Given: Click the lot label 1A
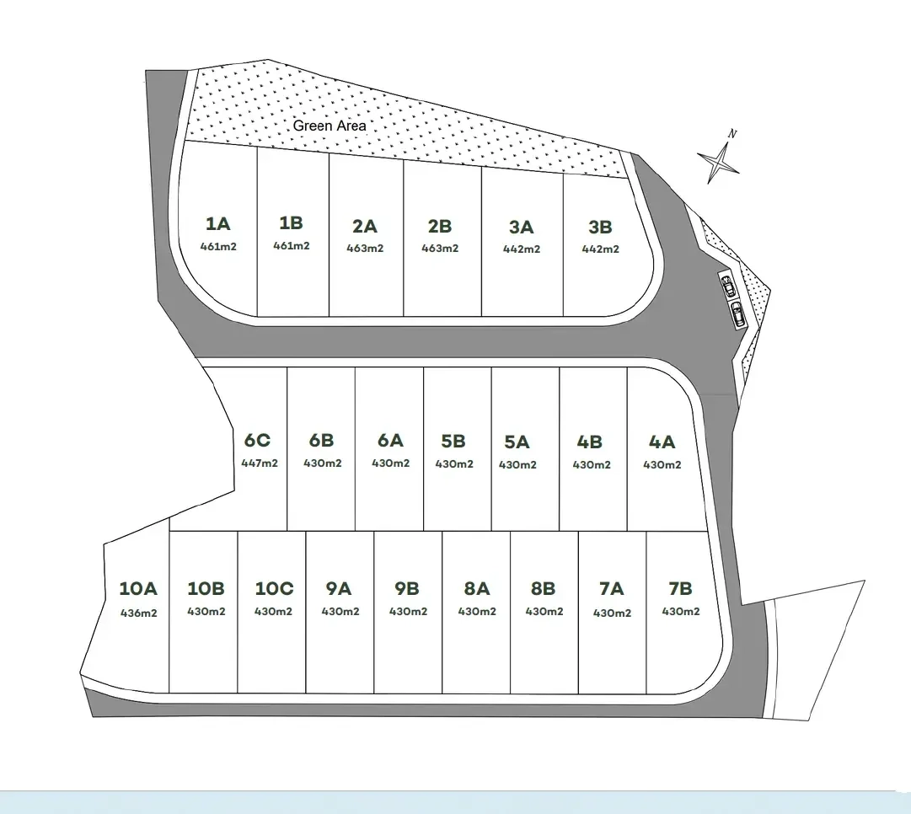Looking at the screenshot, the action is [x=218, y=223].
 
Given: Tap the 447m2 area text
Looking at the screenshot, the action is [x=260, y=463].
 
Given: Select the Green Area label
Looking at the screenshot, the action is [x=330, y=126].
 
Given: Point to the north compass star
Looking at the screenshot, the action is [x=719, y=162].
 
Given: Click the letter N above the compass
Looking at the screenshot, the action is [x=732, y=134].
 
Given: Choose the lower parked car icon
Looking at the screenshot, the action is [x=738, y=314].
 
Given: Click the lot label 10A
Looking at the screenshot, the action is [x=138, y=588].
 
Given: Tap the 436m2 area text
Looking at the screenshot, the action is [x=139, y=613].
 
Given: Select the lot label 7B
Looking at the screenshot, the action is [x=680, y=588].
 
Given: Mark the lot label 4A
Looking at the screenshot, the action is [x=662, y=442].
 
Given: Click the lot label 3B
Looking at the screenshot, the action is [x=600, y=228].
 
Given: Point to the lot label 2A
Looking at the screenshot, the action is [x=365, y=226].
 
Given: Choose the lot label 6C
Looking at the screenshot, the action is [x=257, y=441].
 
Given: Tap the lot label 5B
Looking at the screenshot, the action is [x=453, y=442].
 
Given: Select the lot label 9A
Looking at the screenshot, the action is [x=339, y=588].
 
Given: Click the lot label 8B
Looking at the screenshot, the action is [x=544, y=588].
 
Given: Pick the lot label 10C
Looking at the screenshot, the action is [x=274, y=588].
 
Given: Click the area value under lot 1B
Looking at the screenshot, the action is [x=292, y=246].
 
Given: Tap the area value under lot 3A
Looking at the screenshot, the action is [x=522, y=249].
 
